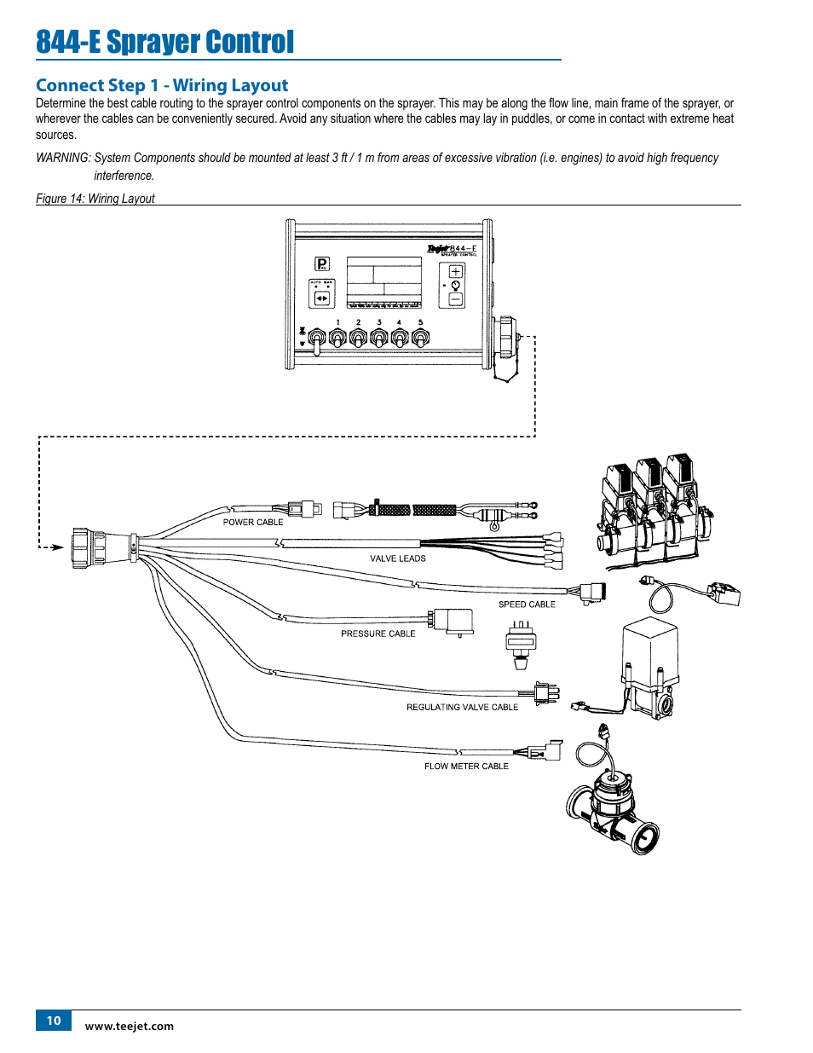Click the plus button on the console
pos(455,271)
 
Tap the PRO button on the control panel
pos(322,264)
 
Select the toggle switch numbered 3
pos(378,338)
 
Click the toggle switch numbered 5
pos(420,338)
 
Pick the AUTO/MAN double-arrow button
pos(322,298)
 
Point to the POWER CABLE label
pos(253,522)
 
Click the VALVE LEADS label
pos(398,558)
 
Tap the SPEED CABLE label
pos(527,605)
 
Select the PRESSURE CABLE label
pos(378,634)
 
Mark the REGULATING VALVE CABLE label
pos(462,707)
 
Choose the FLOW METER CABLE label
pos(466,767)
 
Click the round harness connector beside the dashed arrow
pos(89,547)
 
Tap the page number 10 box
pos(54,1021)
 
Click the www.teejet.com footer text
pos(130,1027)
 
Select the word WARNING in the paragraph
pos(62,158)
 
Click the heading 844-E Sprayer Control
pos(165,42)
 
